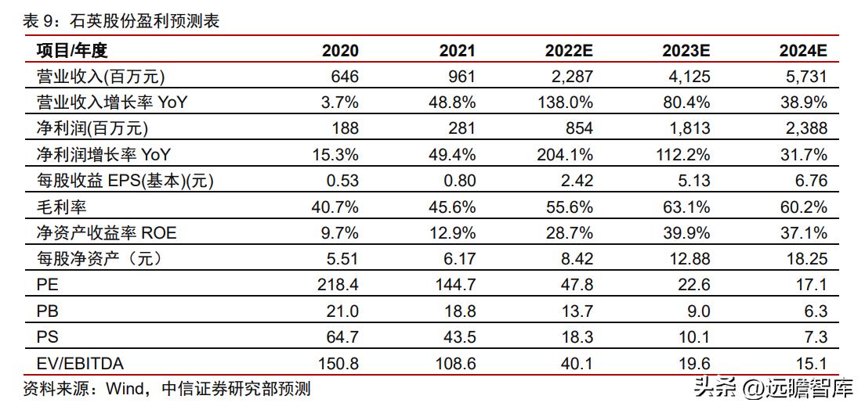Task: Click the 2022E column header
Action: pos(569,51)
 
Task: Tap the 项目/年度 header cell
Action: pos(71,51)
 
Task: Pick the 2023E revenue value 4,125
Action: pos(687,77)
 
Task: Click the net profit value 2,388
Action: pos(805,128)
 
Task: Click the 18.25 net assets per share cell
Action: pos(807,259)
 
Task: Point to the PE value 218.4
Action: pos(339,285)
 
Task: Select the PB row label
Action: pos(47,311)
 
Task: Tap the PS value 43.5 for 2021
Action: pos(456,337)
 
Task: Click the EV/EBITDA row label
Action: pos(80,363)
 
